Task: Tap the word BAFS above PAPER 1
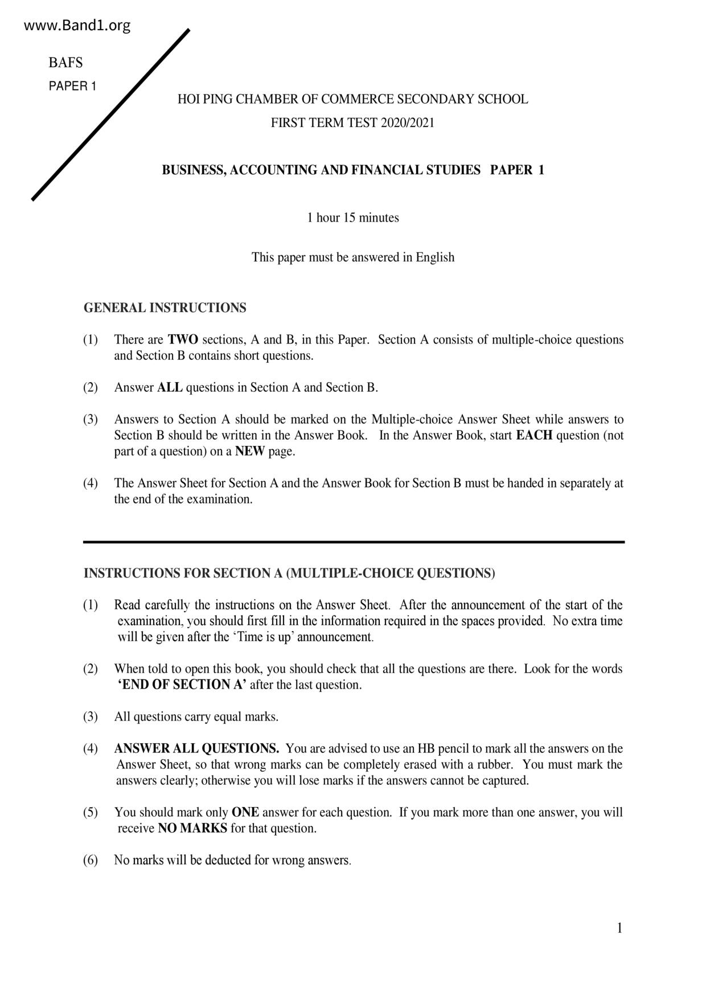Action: pyautogui.click(x=65, y=63)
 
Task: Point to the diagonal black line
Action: pyautogui.click(x=111, y=114)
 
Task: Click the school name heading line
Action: pyautogui.click(x=352, y=99)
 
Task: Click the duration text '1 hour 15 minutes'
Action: pyautogui.click(x=353, y=218)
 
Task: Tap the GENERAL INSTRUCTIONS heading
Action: pyautogui.click(x=165, y=308)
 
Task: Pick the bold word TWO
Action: pyautogui.click(x=183, y=340)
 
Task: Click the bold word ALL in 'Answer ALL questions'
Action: pyautogui.click(x=170, y=388)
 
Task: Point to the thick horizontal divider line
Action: pyautogui.click(x=354, y=542)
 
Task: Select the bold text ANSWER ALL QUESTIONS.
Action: pyautogui.click(x=196, y=749)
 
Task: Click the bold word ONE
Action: pyautogui.click(x=245, y=813)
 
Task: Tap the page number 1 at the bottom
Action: pyautogui.click(x=619, y=928)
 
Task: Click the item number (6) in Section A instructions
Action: pyautogui.click(x=91, y=861)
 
